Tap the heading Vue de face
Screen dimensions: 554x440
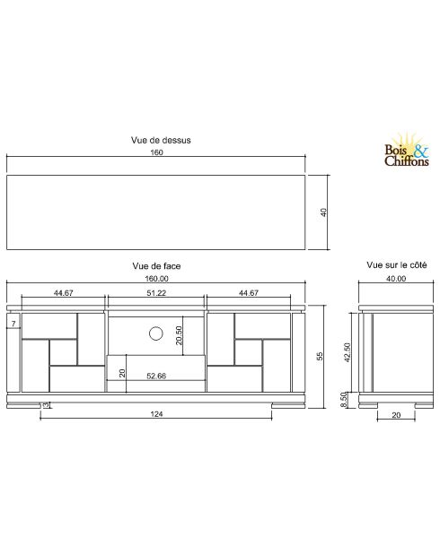157,266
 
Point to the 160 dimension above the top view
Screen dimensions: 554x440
157,153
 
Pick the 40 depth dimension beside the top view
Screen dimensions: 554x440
322,212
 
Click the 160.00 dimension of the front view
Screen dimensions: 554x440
157,279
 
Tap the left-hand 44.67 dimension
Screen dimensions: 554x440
63,293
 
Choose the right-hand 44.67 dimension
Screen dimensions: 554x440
249,293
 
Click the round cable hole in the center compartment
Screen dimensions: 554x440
155,334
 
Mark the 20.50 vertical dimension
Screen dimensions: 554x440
180,333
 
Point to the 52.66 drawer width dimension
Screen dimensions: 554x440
156,377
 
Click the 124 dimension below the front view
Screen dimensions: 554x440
157,413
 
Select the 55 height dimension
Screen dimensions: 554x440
319,356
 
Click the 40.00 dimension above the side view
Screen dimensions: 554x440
396,279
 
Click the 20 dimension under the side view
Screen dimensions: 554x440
395,415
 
